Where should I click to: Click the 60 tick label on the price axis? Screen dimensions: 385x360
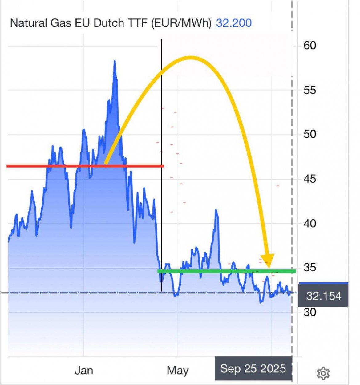point(309,46)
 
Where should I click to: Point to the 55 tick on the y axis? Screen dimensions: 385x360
point(309,90)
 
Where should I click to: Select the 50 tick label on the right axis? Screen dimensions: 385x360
point(309,134)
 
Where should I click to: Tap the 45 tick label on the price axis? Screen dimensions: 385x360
point(309,179)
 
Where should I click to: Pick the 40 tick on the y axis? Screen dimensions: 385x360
point(309,223)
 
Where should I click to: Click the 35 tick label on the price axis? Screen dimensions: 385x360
point(309,267)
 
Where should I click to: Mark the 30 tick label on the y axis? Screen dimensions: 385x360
point(309,312)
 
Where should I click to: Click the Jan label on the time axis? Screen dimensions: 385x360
point(84,370)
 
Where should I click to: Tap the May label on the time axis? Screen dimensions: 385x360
point(178,370)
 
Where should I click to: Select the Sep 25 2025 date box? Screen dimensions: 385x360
point(253,368)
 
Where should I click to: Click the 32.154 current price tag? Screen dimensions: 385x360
point(324,296)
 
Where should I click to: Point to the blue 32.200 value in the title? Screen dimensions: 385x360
point(234,23)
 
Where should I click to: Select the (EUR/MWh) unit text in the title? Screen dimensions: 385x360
point(181,23)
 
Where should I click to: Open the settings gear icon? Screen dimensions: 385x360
point(323,373)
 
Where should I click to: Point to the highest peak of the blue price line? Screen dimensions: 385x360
point(115,61)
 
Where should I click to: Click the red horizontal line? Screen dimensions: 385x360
point(85,166)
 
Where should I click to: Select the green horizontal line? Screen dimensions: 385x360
point(226,271)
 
